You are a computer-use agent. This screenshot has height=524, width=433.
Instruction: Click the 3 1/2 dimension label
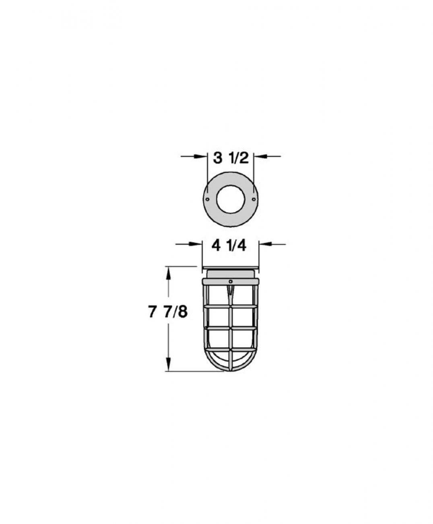coord(231,158)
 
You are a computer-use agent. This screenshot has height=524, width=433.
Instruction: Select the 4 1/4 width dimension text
coord(229,245)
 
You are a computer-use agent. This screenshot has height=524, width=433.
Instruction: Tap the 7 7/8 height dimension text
coord(168,312)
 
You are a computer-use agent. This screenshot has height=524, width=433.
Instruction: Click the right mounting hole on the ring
coord(253,199)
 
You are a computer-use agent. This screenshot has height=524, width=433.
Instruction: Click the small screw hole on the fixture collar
coord(230,281)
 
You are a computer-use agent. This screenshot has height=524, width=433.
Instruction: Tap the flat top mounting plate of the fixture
coord(230,269)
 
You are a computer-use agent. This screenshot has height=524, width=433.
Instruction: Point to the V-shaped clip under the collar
coord(230,292)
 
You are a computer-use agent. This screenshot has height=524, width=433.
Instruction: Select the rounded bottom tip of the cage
coord(230,370)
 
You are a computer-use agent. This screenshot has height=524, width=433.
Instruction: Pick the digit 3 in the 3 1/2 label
coord(218,158)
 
